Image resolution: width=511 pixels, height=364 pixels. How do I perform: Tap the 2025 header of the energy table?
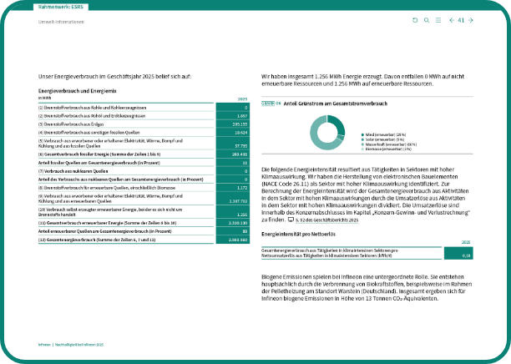(x=243, y=99)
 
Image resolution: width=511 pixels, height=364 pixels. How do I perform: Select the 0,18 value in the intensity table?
(x=468, y=255)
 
